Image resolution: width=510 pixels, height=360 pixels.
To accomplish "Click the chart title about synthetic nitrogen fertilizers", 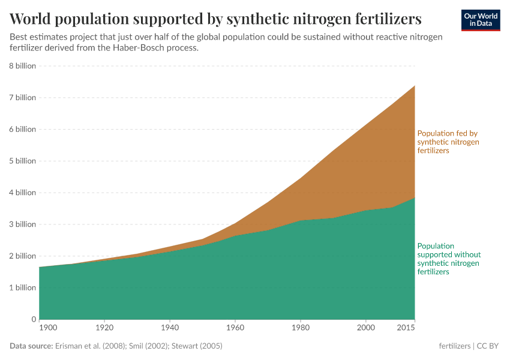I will pyautogui.click(x=215, y=19).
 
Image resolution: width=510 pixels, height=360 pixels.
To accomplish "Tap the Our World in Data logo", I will pyautogui.click(x=480, y=20).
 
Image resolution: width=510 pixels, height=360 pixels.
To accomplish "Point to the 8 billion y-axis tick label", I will pyautogui.click(x=22, y=66).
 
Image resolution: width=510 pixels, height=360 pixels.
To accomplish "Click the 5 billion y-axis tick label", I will pyautogui.click(x=22, y=161).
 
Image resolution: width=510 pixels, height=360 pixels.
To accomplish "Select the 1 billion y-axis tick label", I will pyautogui.click(x=22, y=287).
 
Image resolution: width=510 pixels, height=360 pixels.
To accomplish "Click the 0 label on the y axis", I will pyautogui.click(x=34, y=319).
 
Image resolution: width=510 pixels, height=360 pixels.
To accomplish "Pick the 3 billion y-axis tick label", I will pyautogui.click(x=22, y=224).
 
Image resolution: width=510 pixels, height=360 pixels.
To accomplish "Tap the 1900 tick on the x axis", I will pyautogui.click(x=47, y=329).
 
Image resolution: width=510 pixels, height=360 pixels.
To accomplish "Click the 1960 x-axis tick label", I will pyautogui.click(x=235, y=329).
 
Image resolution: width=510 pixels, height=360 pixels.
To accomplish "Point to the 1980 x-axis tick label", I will pyautogui.click(x=301, y=329).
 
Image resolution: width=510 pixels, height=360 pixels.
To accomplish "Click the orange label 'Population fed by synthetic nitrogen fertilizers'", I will pyautogui.click(x=448, y=142).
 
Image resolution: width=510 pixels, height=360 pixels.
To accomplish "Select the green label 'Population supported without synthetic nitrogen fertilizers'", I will pyautogui.click(x=449, y=259).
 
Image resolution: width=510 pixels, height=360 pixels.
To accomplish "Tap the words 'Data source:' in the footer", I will pyautogui.click(x=31, y=346).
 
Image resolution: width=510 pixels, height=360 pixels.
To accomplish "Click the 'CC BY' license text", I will pyautogui.click(x=488, y=346).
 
